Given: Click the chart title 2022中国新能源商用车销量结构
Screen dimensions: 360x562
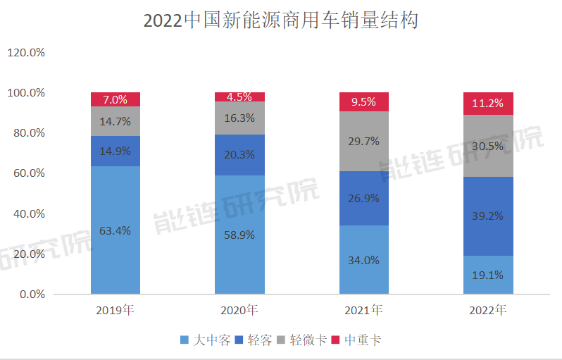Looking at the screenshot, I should tap(280, 20).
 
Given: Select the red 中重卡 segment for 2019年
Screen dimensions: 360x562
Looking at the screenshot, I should tap(115, 99).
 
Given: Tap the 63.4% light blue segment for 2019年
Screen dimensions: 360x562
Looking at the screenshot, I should tap(115, 230).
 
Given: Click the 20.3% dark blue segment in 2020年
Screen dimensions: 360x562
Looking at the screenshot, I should tap(239, 155).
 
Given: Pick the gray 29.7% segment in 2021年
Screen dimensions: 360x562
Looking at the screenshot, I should tap(364, 141).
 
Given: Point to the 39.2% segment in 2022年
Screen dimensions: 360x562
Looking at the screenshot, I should tap(488, 216).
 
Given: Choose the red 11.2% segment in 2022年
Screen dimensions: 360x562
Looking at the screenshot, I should tap(488, 103).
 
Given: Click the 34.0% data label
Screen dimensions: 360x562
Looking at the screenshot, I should tap(364, 260).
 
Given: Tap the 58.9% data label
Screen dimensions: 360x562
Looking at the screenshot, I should tap(239, 235).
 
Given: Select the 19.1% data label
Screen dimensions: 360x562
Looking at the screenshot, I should tap(488, 275).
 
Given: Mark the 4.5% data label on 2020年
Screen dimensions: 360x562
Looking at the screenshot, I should tap(239, 97).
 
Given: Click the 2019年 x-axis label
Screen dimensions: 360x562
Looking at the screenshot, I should tap(115, 310).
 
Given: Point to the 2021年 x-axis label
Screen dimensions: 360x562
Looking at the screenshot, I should tap(364, 310).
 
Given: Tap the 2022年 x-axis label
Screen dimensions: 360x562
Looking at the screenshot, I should tap(488, 310).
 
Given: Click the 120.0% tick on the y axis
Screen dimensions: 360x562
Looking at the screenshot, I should tap(26, 53).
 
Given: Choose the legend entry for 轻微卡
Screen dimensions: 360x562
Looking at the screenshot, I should tap(303, 340).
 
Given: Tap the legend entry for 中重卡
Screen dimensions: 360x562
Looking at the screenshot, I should tap(357, 340).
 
